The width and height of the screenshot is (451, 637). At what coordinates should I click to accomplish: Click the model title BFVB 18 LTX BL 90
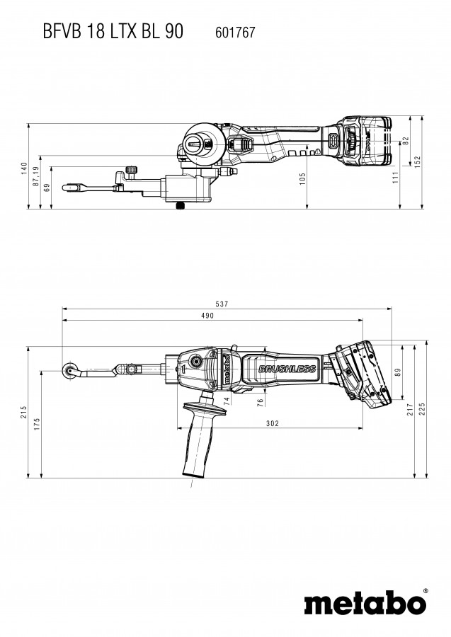[103, 31]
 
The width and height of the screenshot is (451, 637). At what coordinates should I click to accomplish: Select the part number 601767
[231, 32]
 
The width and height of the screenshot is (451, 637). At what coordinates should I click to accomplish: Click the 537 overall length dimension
[222, 304]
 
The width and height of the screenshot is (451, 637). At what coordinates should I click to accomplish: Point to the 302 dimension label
[273, 423]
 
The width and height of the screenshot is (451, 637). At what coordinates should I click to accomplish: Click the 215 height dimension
[24, 412]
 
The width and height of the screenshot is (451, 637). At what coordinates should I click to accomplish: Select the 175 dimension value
[37, 425]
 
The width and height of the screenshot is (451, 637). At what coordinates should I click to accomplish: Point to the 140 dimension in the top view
[24, 168]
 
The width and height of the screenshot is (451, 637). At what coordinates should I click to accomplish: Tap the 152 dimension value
[418, 162]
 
